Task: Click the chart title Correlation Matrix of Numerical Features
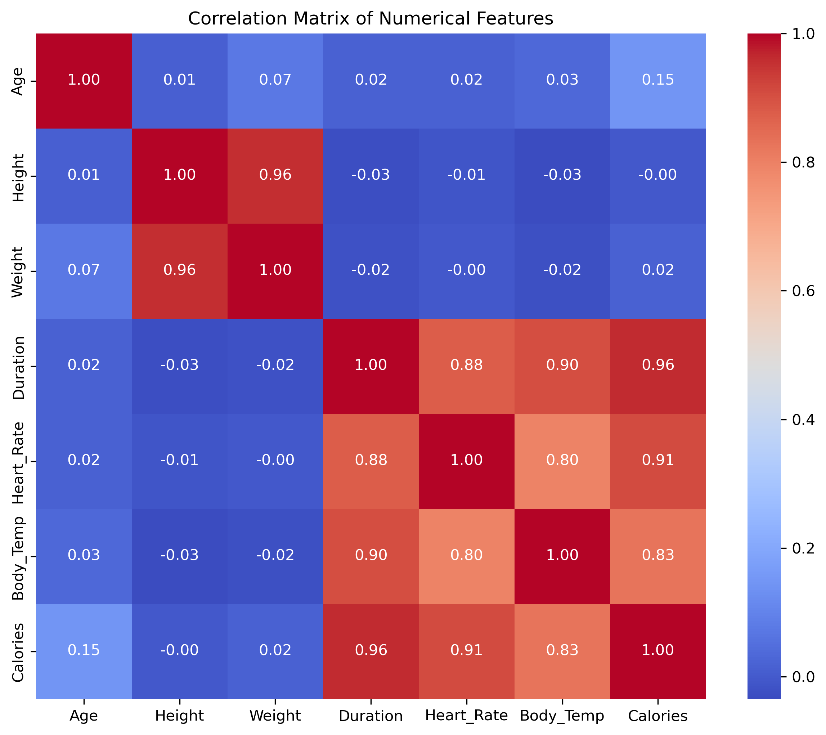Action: [371, 19]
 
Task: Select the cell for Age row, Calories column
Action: [658, 80]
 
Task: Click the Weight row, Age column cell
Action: [84, 270]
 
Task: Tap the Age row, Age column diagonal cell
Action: [84, 80]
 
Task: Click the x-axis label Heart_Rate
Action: [466, 716]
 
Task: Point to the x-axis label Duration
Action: [371, 716]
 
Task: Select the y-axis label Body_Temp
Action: [19, 557]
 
